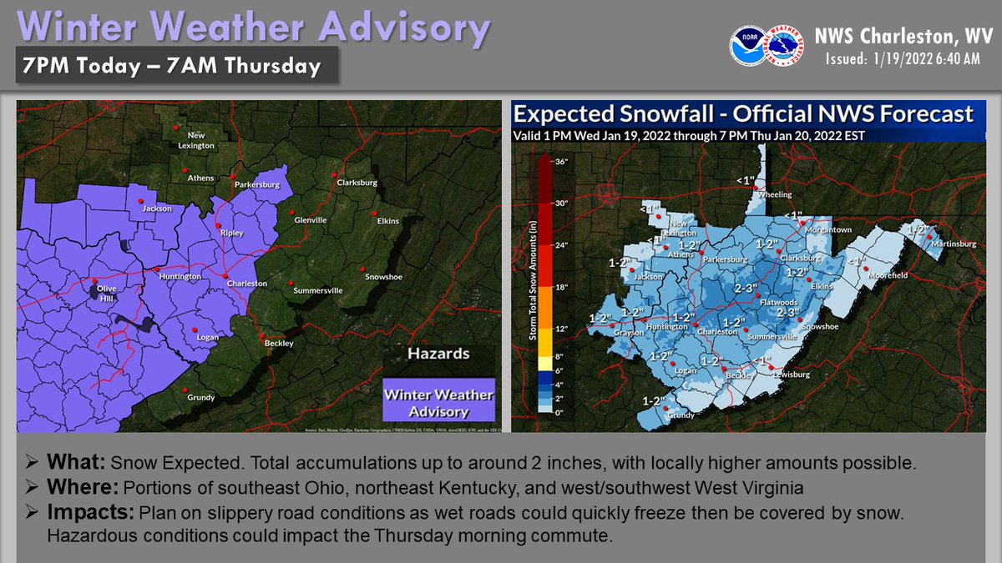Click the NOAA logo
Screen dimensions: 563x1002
(x=748, y=46)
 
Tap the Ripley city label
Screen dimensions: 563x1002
(x=231, y=233)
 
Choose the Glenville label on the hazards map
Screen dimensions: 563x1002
(x=310, y=220)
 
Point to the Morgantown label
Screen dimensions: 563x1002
(x=827, y=229)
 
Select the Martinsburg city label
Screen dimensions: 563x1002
(x=954, y=244)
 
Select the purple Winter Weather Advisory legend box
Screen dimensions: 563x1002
(x=438, y=401)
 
